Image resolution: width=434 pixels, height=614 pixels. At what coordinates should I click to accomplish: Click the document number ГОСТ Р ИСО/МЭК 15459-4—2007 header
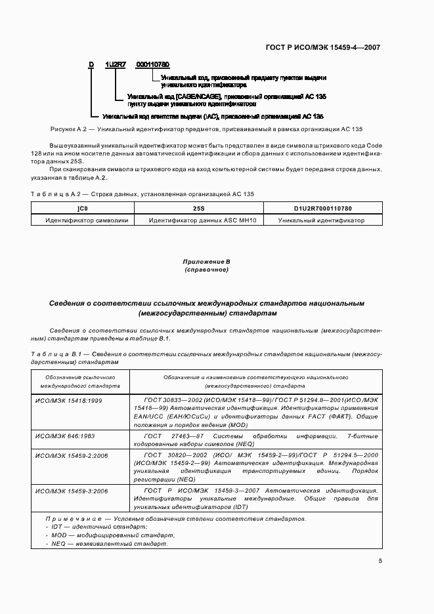click(x=332, y=47)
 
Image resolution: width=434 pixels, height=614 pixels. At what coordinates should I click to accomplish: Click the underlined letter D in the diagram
click(x=92, y=64)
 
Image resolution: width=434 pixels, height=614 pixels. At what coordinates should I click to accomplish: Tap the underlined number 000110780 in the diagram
click(x=153, y=64)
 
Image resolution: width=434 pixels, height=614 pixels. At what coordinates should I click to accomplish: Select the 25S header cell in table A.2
click(x=198, y=208)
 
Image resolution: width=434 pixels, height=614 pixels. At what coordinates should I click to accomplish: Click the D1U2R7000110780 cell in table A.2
click(x=321, y=208)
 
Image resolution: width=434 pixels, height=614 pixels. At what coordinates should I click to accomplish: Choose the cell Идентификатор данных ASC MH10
click(x=198, y=220)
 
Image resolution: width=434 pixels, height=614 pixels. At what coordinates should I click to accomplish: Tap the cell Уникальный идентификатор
click(x=321, y=220)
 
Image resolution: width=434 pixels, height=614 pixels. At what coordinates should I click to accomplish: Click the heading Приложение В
click(x=206, y=262)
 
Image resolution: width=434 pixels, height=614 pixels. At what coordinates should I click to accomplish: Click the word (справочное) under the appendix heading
click(x=206, y=270)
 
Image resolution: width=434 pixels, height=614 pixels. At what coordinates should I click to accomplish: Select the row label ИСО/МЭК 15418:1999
click(x=68, y=399)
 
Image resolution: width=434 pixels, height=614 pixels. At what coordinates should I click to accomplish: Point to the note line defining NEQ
click(x=103, y=543)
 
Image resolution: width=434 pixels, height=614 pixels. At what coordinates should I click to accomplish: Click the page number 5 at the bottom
click(x=380, y=560)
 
